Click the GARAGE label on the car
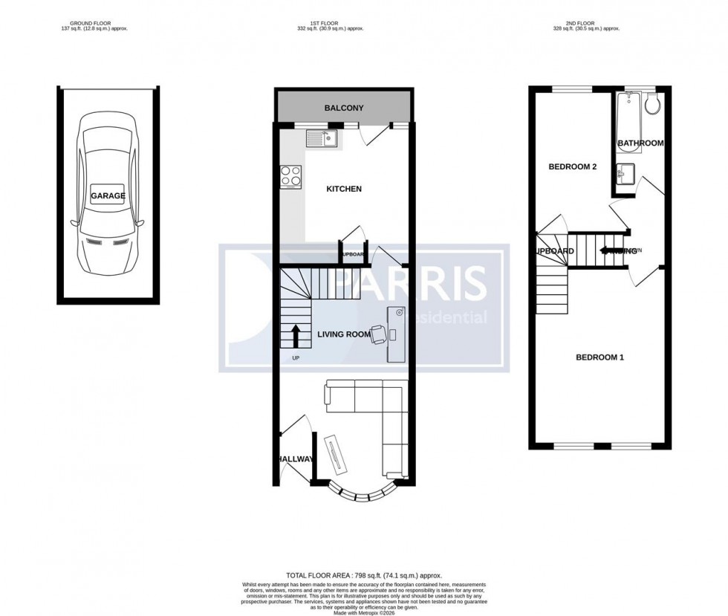pos(108,196)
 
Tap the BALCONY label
pos(344,108)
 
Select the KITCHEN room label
pos(344,189)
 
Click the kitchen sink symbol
pos(323,137)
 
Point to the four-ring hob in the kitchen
pos(290,176)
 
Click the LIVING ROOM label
pos(343,334)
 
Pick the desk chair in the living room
pos(377,334)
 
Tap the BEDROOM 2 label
pos(572,167)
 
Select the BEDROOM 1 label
pos(599,357)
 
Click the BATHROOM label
pos(640,143)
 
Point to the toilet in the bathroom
pos(651,105)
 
